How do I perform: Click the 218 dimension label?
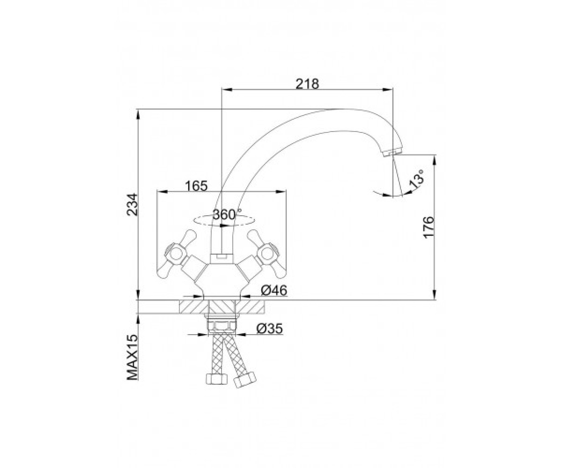coord(307,84)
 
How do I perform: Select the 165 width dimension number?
coord(197,186)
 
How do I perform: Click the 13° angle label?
coord(416,179)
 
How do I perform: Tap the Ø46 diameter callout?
coord(274,290)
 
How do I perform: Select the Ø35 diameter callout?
coord(270,329)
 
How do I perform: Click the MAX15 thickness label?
coord(132,358)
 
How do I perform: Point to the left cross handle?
coord(177,254)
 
